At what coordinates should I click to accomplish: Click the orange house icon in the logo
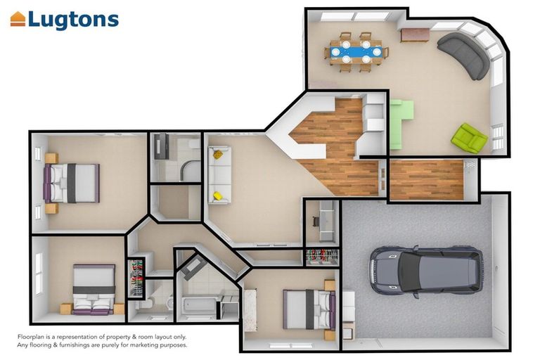[18, 19]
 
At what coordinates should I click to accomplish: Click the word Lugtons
[73, 20]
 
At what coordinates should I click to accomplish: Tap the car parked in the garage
[426, 271]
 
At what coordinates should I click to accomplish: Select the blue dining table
[356, 52]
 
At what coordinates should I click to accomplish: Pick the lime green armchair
[470, 138]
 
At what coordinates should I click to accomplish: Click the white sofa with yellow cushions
[219, 175]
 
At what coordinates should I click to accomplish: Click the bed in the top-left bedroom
[72, 183]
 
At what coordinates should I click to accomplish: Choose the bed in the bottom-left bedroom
[94, 290]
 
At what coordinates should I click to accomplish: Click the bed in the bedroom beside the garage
[309, 309]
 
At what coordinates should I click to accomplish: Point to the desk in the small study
[326, 221]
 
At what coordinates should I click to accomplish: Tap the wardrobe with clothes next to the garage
[322, 257]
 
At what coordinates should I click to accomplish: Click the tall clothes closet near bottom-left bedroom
[136, 278]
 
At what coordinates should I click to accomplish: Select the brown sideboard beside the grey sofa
[415, 34]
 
